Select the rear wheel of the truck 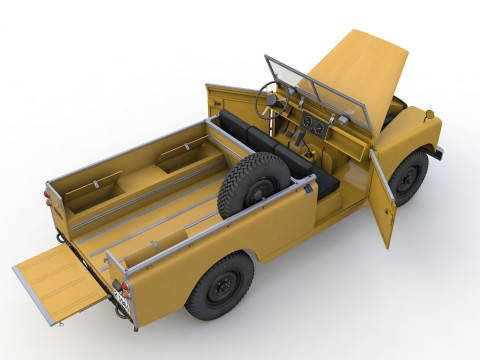click(220, 285)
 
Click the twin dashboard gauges click(314, 125)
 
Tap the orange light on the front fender click(428, 115)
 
